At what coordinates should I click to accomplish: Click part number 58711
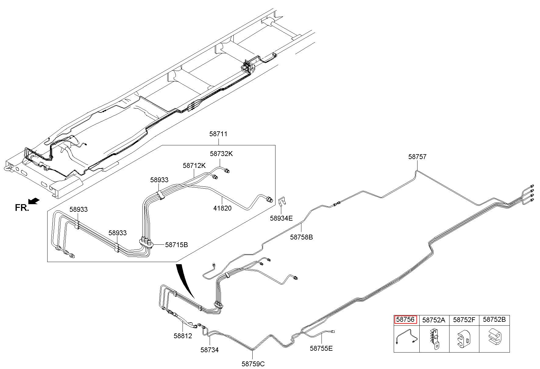218,134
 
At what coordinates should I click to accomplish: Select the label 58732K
221,154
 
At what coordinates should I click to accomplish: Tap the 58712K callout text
194,165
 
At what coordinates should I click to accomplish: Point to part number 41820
222,208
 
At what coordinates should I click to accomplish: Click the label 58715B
177,244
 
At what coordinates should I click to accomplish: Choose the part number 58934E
281,218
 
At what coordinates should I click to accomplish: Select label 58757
417,157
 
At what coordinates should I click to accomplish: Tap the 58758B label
301,237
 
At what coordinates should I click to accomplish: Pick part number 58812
183,336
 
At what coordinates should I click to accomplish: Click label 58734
210,350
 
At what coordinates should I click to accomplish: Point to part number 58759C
253,364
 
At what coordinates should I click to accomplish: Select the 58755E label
322,348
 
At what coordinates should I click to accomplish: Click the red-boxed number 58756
405,320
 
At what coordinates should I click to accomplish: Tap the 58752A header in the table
434,320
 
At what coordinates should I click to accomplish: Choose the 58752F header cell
464,320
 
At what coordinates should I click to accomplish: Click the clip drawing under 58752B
494,338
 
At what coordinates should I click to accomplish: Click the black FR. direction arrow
34,200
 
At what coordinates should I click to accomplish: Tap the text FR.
22,208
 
